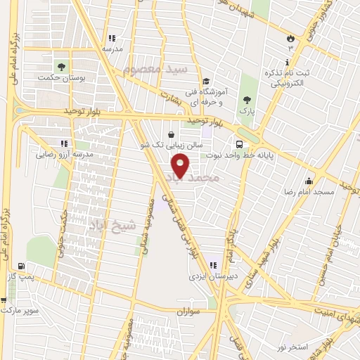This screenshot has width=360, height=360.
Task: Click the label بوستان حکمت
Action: (x=61, y=79)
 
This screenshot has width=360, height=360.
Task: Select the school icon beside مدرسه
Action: (x=111, y=38)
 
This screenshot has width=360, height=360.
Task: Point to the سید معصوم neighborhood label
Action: (x=155, y=69)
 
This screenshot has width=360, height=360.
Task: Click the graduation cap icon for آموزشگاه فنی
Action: (x=206, y=82)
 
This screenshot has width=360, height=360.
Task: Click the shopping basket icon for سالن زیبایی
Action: (x=172, y=134)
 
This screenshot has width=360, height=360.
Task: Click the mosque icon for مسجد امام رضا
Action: (x=309, y=180)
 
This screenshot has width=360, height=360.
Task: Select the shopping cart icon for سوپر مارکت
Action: (x=5, y=300)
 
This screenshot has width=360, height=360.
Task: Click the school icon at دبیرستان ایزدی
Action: (x=212, y=265)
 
